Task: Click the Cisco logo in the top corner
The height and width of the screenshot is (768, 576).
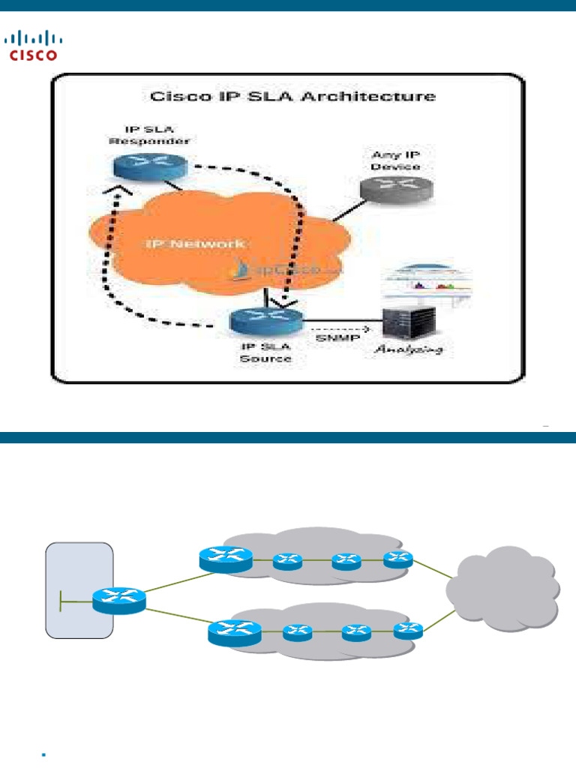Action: (x=34, y=44)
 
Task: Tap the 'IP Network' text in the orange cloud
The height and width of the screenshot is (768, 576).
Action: (x=195, y=244)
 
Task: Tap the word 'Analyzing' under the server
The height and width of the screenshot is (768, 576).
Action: (x=409, y=349)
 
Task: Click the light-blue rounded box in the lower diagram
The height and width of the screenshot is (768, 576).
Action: (x=79, y=590)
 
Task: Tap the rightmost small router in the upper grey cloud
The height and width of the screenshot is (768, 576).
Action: (x=398, y=558)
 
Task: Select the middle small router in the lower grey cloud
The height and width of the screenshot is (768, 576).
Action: (x=356, y=632)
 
